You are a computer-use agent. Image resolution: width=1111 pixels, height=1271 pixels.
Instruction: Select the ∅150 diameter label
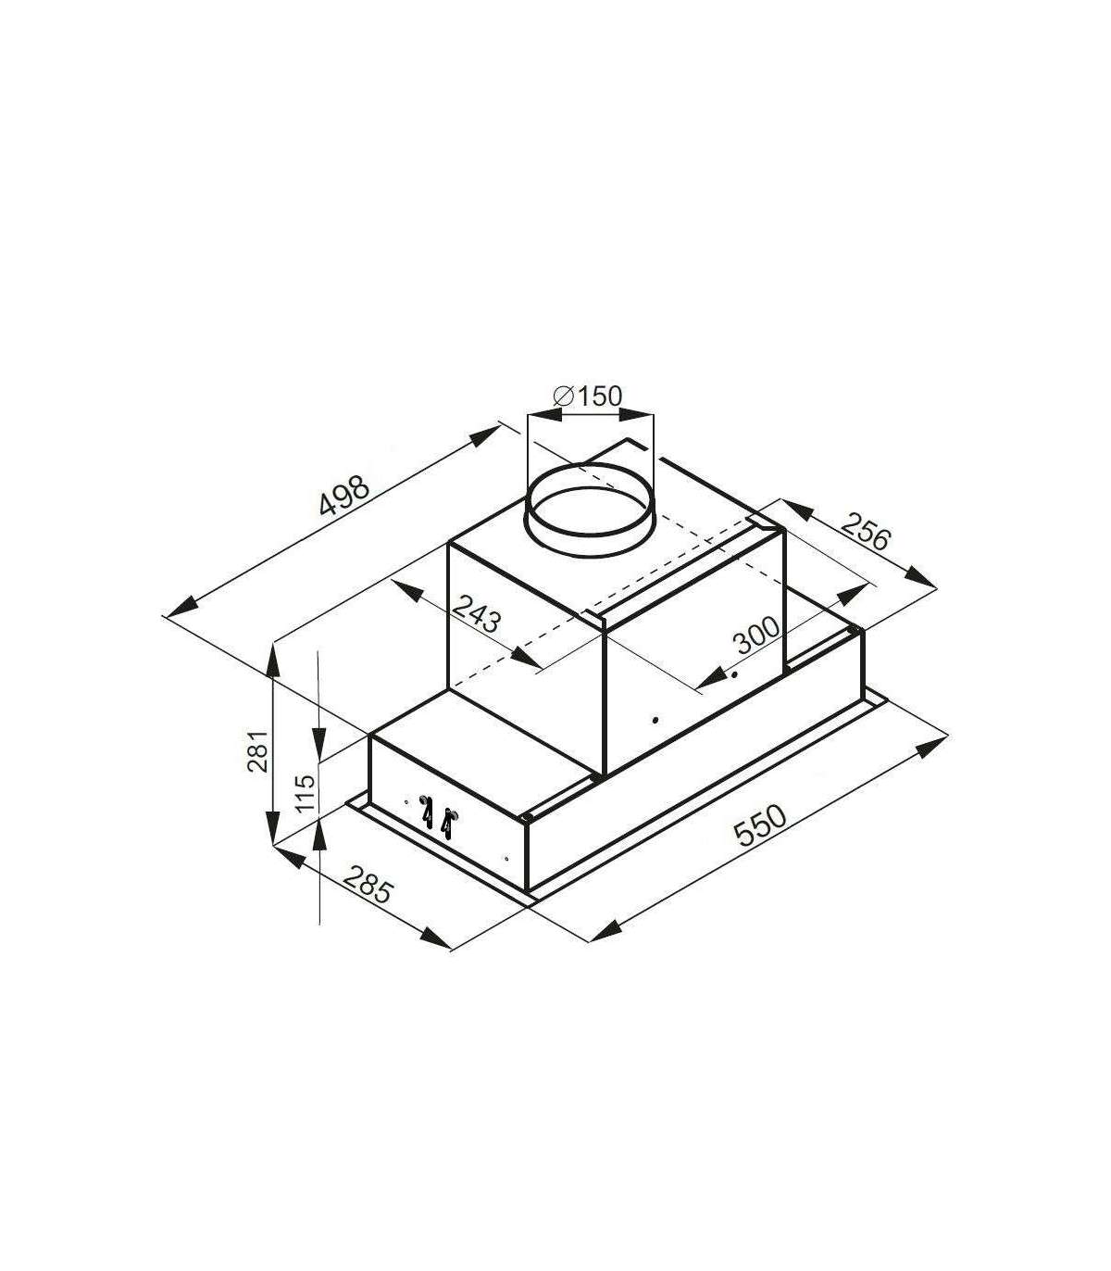587,395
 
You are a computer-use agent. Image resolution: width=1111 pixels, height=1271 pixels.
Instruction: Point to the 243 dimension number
476,612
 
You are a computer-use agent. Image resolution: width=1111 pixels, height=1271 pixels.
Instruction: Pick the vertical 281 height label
257,751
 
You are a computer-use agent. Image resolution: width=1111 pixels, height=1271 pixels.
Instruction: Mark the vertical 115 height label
306,793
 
